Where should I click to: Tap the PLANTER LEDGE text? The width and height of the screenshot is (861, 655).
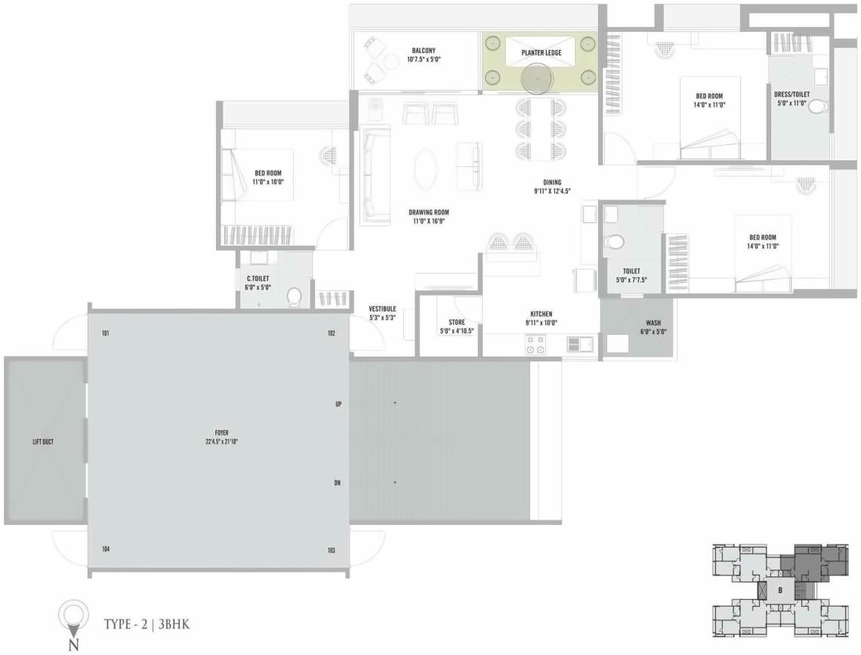tap(540, 53)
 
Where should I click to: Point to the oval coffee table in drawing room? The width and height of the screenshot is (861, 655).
tap(426, 168)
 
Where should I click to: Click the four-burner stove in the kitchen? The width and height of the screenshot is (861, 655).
tap(536, 344)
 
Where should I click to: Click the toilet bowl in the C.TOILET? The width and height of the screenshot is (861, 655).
tap(295, 295)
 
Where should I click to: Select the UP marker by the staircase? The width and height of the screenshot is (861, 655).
tap(339, 404)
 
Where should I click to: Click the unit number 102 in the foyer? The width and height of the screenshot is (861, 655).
tap(331, 333)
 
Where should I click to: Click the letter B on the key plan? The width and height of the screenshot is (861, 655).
tap(779, 590)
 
